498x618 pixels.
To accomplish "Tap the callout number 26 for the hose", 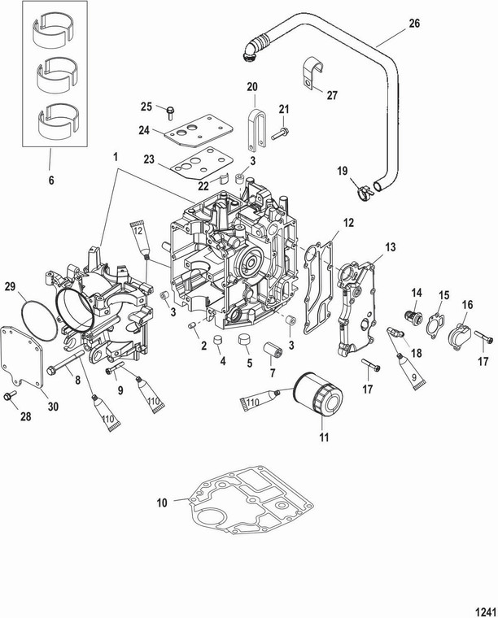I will [414, 24].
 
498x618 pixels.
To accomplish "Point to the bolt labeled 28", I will [10, 396].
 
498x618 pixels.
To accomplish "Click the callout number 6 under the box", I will [50, 181].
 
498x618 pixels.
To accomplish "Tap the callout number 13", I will [391, 246].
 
